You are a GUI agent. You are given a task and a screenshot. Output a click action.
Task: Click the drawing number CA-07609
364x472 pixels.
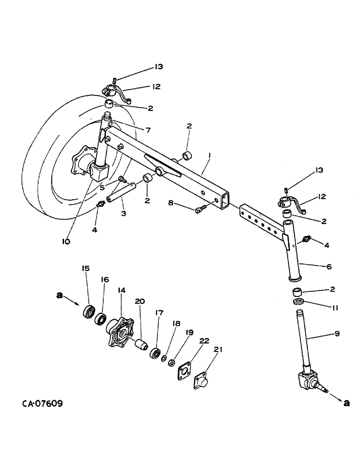(x=43, y=404)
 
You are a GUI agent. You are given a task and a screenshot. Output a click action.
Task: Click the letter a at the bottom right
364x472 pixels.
(x=347, y=403)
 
